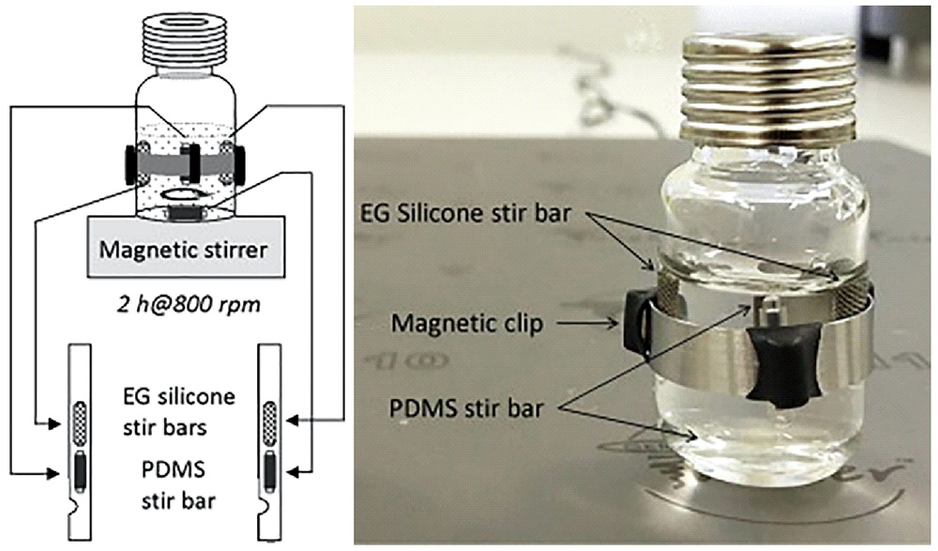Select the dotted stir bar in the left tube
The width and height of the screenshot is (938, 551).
(x=82, y=420)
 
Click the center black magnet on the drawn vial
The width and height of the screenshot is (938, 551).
(x=192, y=161)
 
